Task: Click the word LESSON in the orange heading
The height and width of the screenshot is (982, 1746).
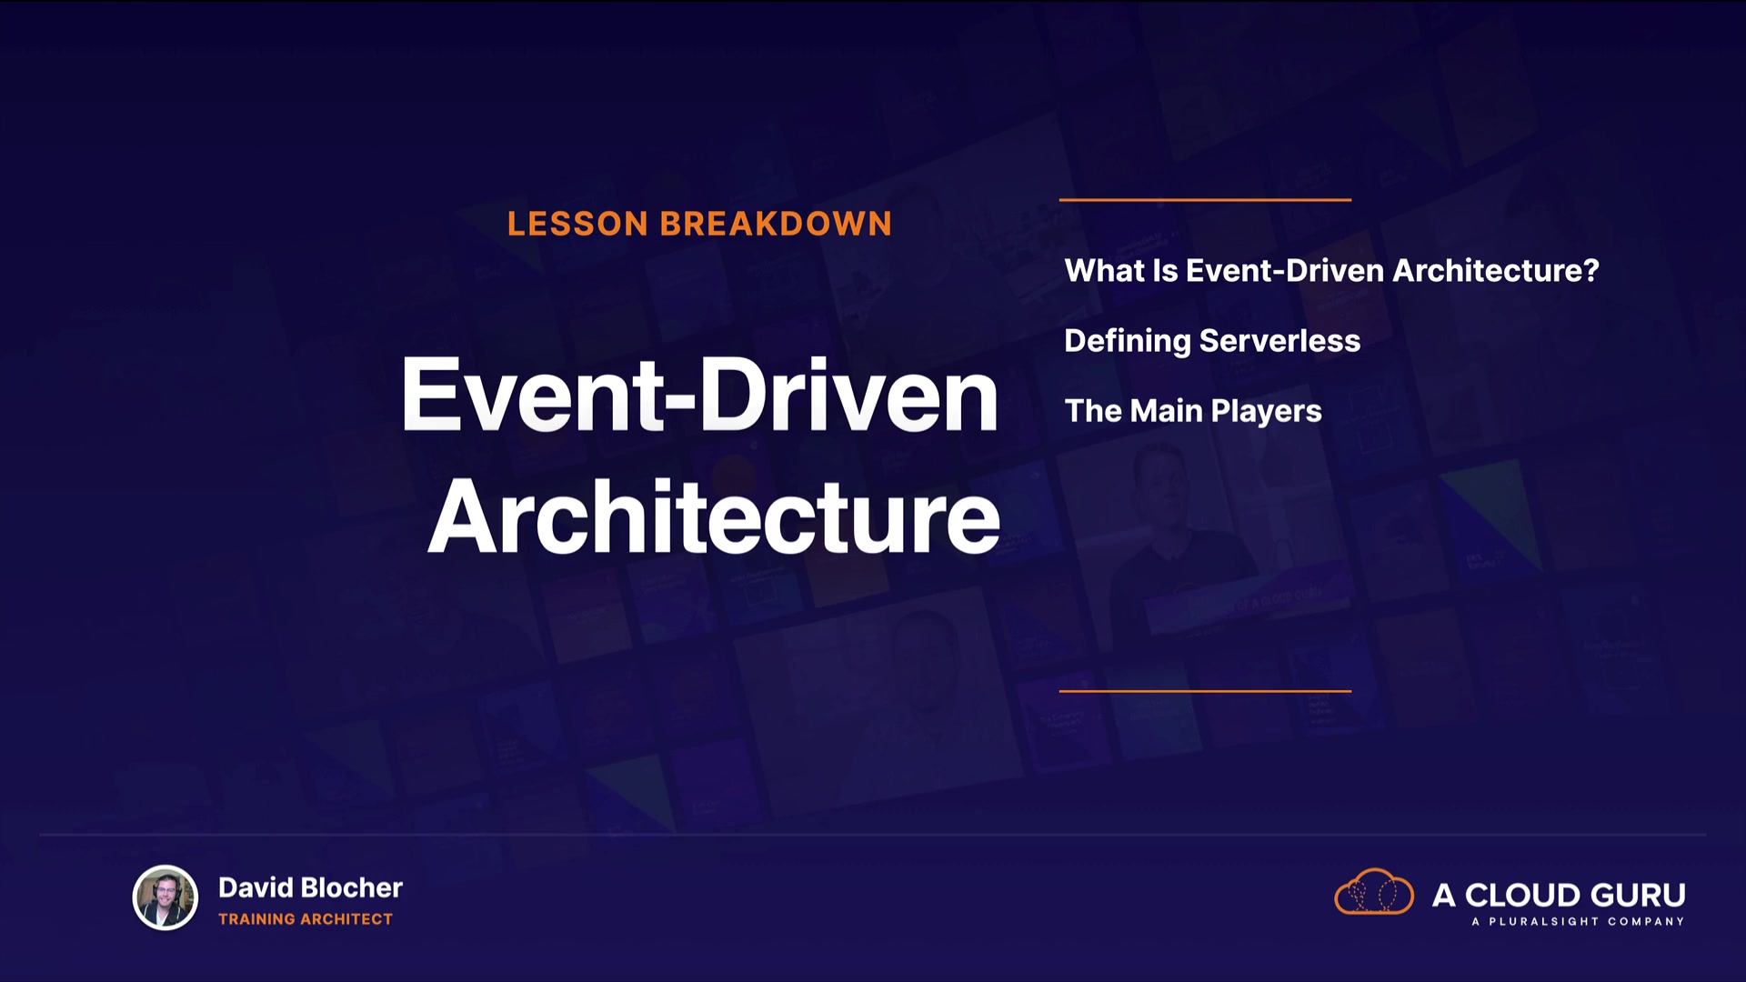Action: pos(577,224)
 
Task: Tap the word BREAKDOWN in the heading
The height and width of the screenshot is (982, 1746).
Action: pos(777,224)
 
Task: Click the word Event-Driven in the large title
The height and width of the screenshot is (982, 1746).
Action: pos(699,395)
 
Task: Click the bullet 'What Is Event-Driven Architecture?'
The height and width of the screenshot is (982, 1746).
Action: pos(1331,270)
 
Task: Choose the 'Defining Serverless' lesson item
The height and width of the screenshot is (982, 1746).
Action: pos(1212,340)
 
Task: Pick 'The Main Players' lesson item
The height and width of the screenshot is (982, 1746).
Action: pos(1193,411)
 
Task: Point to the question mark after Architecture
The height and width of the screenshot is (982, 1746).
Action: pos(1590,270)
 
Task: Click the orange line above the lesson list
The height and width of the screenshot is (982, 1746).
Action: pos(1205,199)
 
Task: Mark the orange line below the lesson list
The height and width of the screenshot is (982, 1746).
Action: pos(1205,691)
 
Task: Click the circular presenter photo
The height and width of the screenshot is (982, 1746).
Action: pos(166,897)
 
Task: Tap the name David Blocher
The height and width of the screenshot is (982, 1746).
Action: pos(310,887)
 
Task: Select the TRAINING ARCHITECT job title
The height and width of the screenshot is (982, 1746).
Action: pos(306,919)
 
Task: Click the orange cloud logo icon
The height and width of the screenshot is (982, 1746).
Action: pos(1374,892)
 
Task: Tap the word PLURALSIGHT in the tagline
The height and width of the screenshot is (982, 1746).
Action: pos(1543,921)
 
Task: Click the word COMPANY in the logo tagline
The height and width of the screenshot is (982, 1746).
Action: pos(1646,921)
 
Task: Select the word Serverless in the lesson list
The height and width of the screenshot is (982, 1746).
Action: pos(1279,340)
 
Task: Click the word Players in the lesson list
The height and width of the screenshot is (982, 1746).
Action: pos(1266,411)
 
